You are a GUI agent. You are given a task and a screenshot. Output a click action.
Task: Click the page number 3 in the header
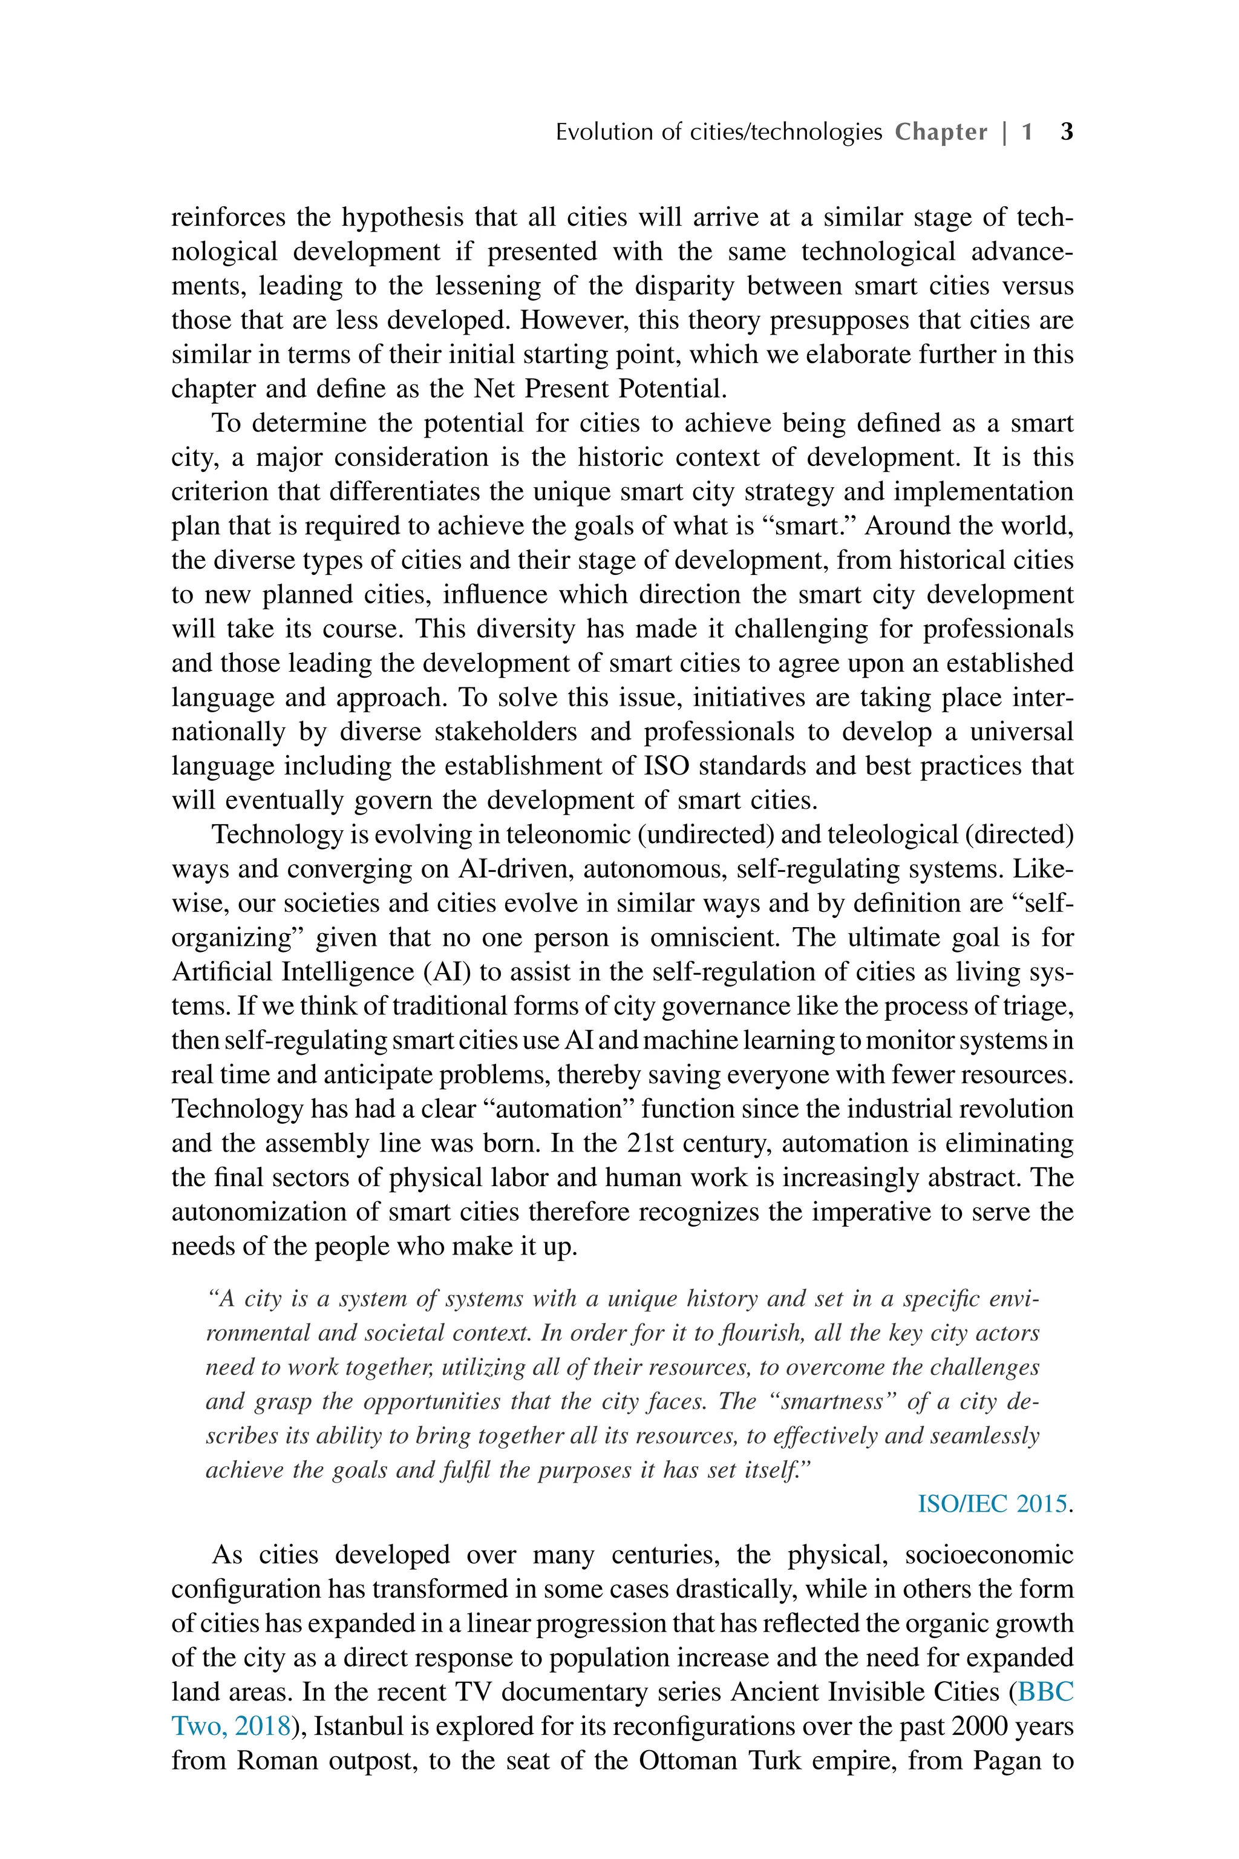click(1066, 131)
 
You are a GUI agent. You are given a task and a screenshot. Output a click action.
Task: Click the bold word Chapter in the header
click(940, 131)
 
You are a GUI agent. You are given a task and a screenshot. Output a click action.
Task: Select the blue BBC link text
click(1045, 1692)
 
